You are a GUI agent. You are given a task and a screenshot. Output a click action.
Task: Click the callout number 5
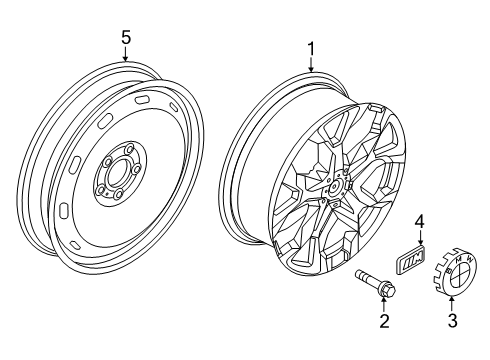(125, 37)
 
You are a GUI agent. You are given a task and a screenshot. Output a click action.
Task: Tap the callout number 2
(381, 322)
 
